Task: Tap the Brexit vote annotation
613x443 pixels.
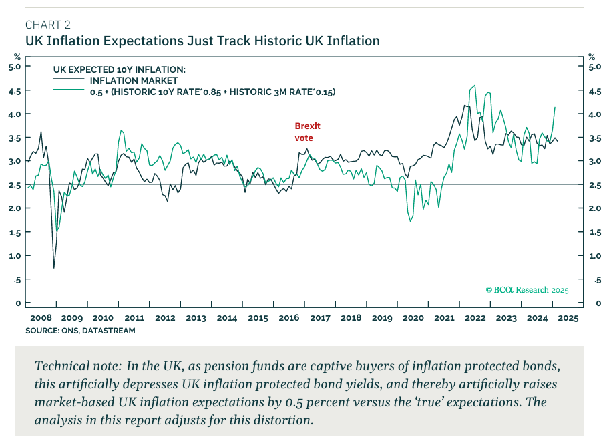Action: pyautogui.click(x=307, y=132)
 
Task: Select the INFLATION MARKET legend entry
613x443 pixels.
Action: pyautogui.click(x=134, y=80)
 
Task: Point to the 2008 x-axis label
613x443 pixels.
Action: pyautogui.click(x=41, y=319)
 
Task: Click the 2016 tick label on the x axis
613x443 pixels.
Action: pyautogui.click(x=289, y=319)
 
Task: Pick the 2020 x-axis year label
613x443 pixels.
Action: pyautogui.click(x=413, y=319)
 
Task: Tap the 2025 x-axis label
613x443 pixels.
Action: pyautogui.click(x=569, y=319)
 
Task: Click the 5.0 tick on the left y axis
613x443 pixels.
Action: pyautogui.click(x=15, y=67)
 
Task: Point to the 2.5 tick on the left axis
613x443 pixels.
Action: pyautogui.click(x=15, y=185)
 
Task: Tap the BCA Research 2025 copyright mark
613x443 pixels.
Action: pyautogui.click(x=527, y=290)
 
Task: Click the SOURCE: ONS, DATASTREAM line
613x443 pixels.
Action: pyautogui.click(x=80, y=331)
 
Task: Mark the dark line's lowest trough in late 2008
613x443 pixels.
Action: pyautogui.click(x=53, y=267)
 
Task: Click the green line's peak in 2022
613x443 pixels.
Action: pyautogui.click(x=474, y=86)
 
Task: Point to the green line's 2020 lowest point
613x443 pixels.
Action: pyautogui.click(x=410, y=221)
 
